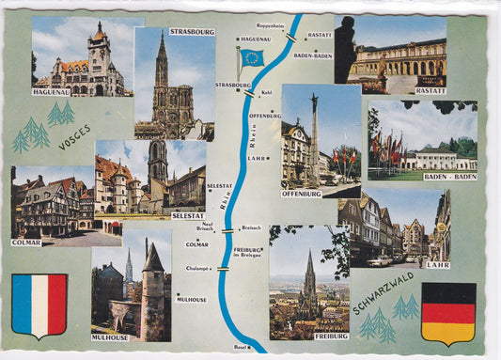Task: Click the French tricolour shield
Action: point(39,305)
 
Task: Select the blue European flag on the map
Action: point(252,57)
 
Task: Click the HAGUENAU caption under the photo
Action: point(52,91)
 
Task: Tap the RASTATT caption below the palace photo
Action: point(430,91)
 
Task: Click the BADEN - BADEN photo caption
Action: point(449,176)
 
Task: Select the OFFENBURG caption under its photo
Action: point(301,194)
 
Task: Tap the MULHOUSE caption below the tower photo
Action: point(110,337)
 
